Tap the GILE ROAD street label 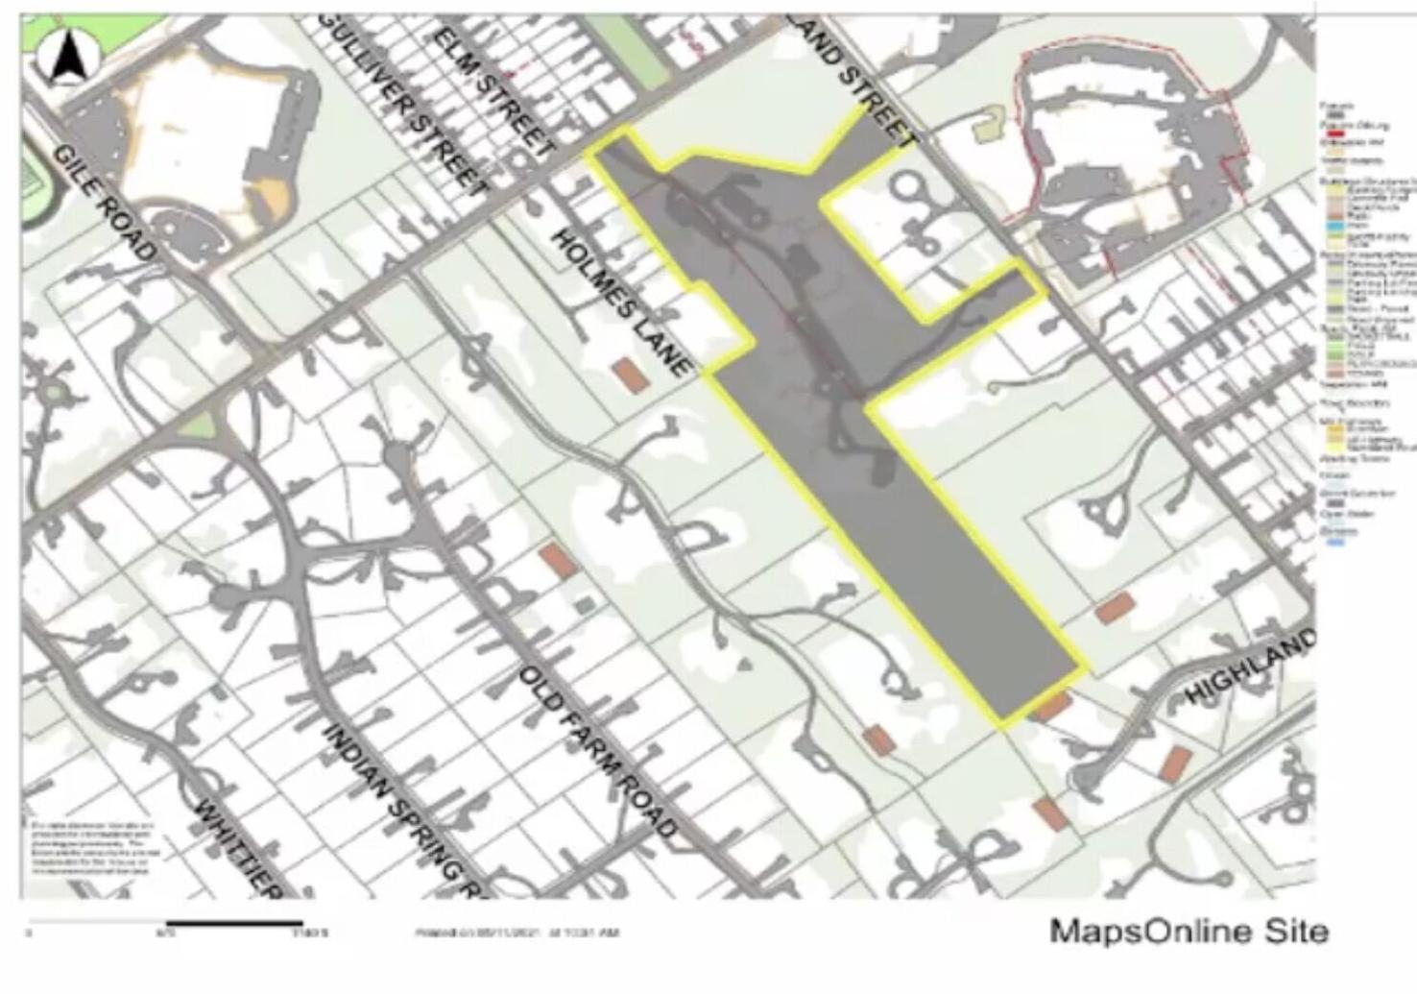(104, 202)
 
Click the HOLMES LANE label (621, 301)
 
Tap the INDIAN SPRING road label (404, 808)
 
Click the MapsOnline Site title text (1189, 931)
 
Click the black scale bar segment (235, 924)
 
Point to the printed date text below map (517, 933)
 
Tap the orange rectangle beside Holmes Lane (631, 375)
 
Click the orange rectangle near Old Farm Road (558, 561)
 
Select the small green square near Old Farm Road (585, 605)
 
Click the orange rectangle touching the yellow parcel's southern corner (1052, 708)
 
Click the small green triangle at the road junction (199, 424)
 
